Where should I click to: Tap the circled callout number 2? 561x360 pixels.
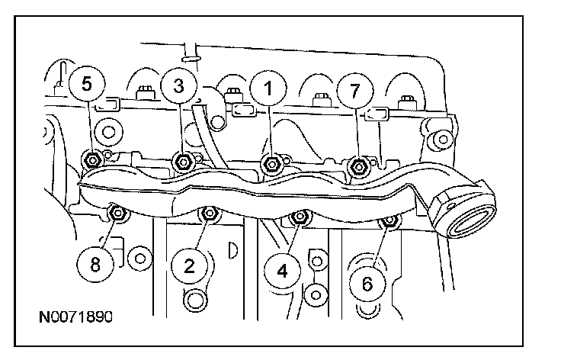[x=188, y=265]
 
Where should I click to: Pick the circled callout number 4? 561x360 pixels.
[x=281, y=270]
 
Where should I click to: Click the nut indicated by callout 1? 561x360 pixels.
[x=271, y=162]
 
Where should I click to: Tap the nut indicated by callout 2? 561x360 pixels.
[x=207, y=216]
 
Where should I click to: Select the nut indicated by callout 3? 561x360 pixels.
[x=182, y=161]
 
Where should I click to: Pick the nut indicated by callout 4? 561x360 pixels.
[x=299, y=219]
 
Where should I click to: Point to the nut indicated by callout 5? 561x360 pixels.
[x=91, y=159]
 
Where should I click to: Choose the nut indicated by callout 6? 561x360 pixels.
[x=389, y=221]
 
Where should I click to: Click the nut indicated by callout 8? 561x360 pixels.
[x=117, y=214]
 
